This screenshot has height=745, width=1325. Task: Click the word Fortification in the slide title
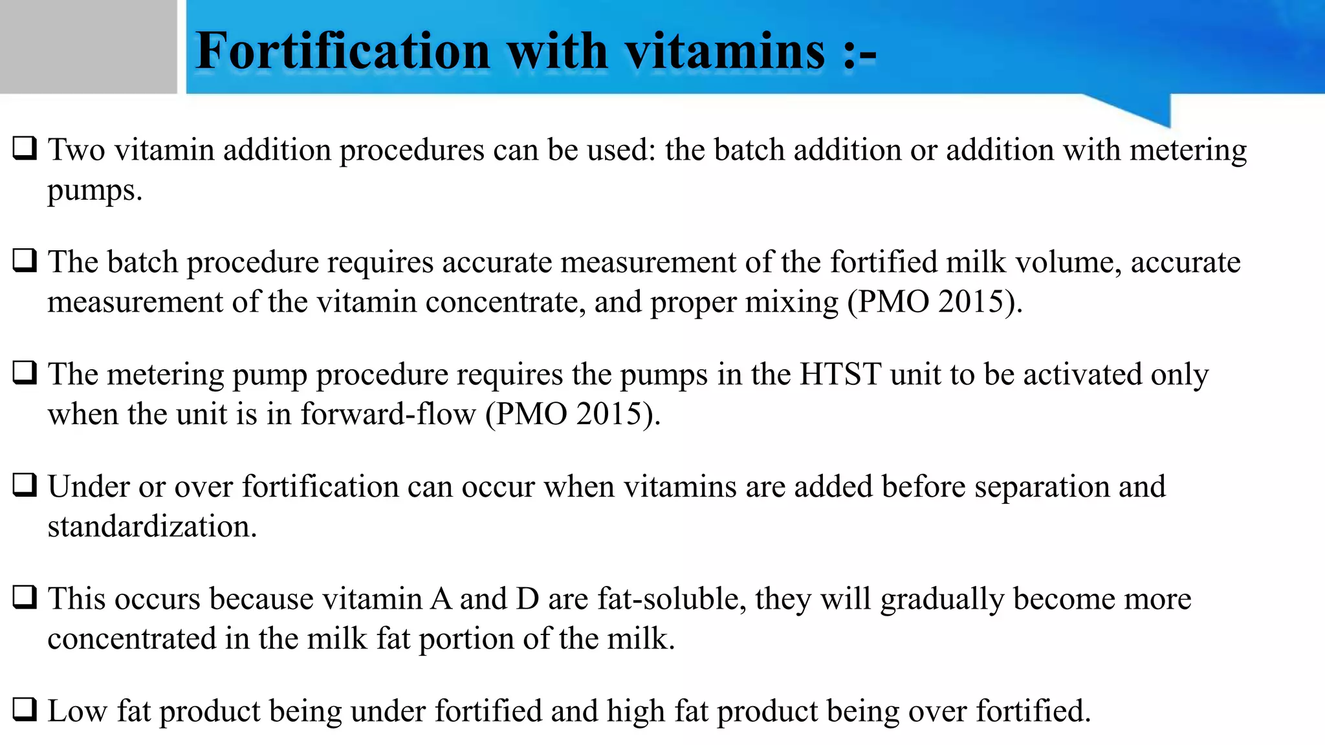click(x=343, y=51)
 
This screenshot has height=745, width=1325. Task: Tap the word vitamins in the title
click(x=725, y=51)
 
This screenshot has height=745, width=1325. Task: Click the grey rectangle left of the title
click(x=88, y=47)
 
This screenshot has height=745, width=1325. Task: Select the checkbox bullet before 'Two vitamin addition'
click(x=25, y=148)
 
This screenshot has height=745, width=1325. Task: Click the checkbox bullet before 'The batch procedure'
click(x=25, y=261)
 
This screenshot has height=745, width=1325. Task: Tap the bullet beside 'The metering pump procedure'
click(x=25, y=372)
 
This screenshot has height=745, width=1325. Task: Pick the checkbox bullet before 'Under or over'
click(x=25, y=485)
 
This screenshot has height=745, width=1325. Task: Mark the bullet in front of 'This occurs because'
click(x=25, y=597)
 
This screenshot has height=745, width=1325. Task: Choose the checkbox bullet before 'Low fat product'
click(x=25, y=709)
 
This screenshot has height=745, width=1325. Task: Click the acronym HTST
click(x=840, y=374)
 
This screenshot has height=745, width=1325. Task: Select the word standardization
click(x=152, y=526)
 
